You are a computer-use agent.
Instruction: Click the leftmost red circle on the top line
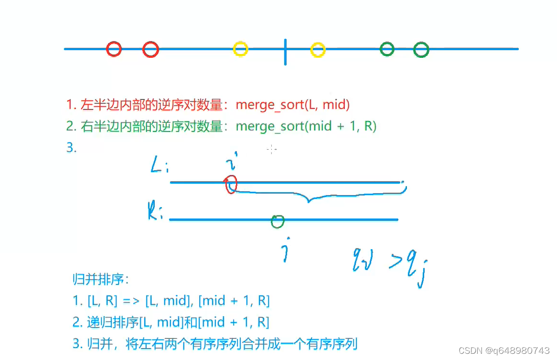coord(114,49)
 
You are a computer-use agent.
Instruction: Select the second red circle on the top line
coord(150,49)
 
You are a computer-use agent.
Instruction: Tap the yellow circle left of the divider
coord(240,49)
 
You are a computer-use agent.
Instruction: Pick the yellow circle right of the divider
coord(318,49)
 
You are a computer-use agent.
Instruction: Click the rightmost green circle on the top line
coord(421,49)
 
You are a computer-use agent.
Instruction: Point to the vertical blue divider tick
coord(285,52)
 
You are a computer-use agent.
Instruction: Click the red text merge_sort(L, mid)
coord(293,104)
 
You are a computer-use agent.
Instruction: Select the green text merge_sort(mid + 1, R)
coord(306,126)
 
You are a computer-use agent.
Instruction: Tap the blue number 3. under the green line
coord(71,148)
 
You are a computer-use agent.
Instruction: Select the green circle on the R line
coord(278,221)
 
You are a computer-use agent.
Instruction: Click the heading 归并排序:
coord(101,279)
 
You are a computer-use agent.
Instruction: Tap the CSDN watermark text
coord(503,350)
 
